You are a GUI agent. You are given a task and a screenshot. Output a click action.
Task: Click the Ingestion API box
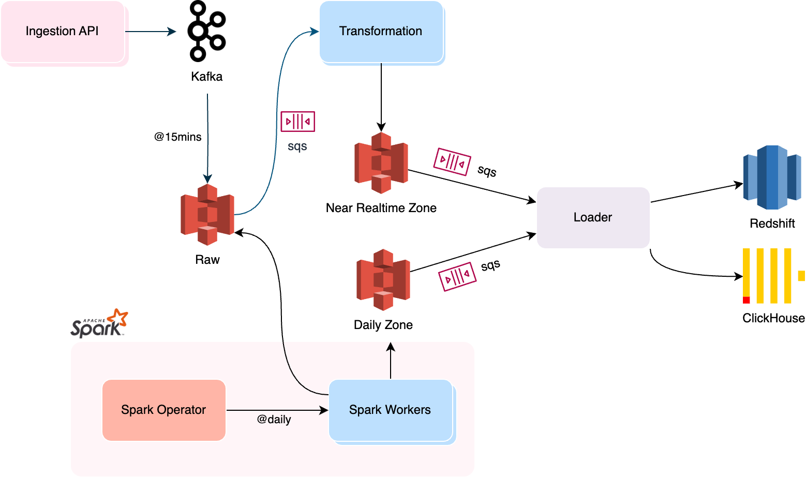tap(63, 32)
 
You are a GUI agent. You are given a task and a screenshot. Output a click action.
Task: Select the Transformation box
tap(381, 32)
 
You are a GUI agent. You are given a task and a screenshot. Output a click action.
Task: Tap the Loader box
tap(593, 217)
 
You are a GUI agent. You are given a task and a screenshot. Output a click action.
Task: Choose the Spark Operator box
tap(163, 410)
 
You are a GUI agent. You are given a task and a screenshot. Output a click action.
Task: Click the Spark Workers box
tap(391, 410)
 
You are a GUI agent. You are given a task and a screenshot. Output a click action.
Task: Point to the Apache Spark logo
tap(98, 325)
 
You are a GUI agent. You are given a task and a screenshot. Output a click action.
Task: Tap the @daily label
tap(274, 420)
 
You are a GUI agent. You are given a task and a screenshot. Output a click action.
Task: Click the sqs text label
tap(297, 146)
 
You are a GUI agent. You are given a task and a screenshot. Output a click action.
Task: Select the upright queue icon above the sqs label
tap(297, 122)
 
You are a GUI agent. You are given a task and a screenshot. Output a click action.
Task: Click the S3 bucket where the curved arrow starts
tap(207, 214)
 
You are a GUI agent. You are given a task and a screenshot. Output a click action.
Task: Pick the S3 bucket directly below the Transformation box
tap(381, 162)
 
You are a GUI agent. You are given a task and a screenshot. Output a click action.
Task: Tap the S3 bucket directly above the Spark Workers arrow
tap(383, 279)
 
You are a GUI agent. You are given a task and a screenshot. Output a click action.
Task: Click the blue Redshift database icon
tap(772, 177)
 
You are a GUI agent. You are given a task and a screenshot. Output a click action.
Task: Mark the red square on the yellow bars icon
tap(746, 300)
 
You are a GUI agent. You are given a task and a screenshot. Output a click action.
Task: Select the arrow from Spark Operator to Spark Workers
tap(277, 410)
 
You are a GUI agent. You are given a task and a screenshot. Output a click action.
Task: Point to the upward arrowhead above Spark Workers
tap(391, 347)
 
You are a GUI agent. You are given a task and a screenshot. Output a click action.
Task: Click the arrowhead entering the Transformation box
tap(315, 32)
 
